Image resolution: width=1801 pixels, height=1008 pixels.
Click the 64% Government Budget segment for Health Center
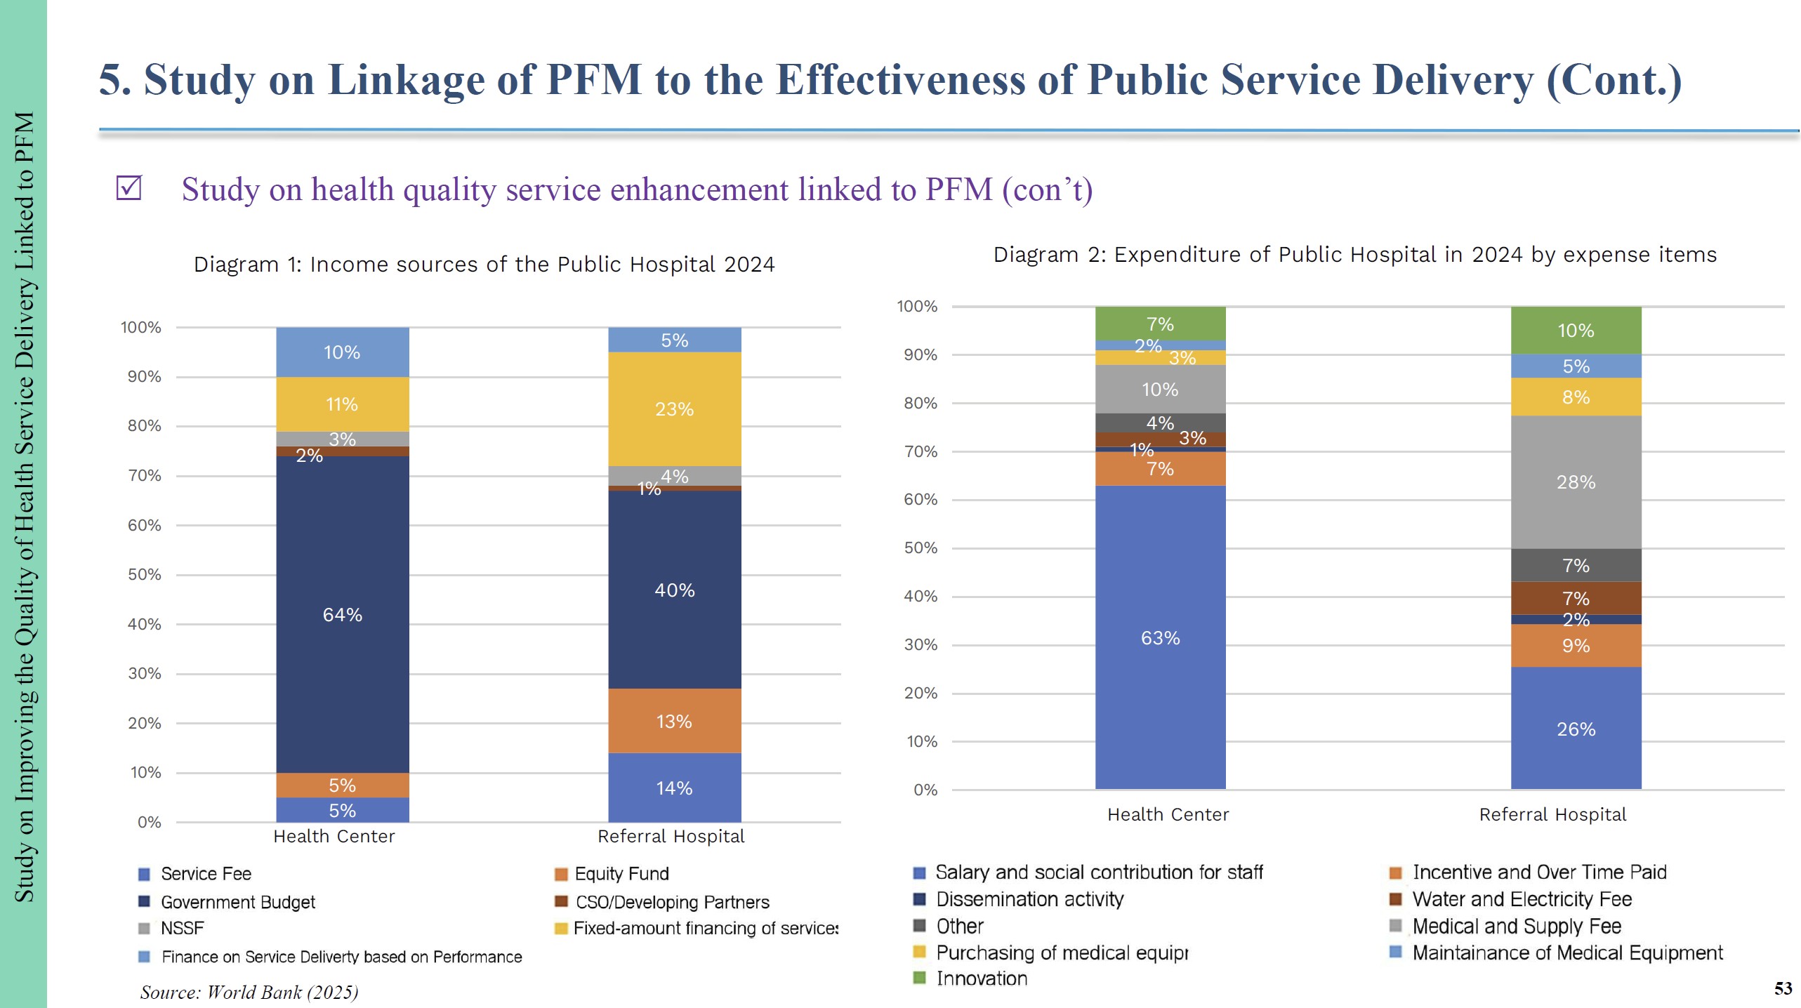click(x=342, y=614)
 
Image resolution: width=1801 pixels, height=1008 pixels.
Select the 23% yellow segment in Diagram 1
click(x=674, y=409)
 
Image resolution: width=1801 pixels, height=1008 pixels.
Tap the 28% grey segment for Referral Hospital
click(x=1576, y=482)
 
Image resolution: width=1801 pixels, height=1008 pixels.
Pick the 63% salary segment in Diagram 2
click(x=1160, y=637)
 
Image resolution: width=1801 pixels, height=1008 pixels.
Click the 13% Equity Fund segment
click(x=674, y=721)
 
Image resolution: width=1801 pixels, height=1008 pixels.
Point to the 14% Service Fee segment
click(x=674, y=788)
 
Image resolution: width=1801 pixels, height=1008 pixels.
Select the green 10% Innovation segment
click(x=1576, y=330)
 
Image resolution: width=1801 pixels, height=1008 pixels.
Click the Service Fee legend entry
click(x=206, y=874)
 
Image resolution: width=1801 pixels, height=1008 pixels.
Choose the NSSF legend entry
click(x=182, y=929)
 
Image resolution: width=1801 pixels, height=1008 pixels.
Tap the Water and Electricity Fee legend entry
click(x=1522, y=899)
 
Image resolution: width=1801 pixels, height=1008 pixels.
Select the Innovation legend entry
click(x=982, y=979)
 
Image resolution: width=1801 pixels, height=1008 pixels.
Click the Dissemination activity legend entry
click(x=1029, y=899)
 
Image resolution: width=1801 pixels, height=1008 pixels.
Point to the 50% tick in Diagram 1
click(x=144, y=575)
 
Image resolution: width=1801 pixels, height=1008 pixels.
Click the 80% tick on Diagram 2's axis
click(x=920, y=404)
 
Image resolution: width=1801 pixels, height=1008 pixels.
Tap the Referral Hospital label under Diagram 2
click(x=1552, y=815)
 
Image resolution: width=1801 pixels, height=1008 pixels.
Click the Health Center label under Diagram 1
click(x=334, y=837)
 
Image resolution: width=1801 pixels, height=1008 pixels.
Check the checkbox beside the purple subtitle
click(x=129, y=188)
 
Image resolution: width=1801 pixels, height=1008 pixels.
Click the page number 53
click(x=1783, y=988)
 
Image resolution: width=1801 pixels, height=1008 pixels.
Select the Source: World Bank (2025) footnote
click(x=249, y=992)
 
